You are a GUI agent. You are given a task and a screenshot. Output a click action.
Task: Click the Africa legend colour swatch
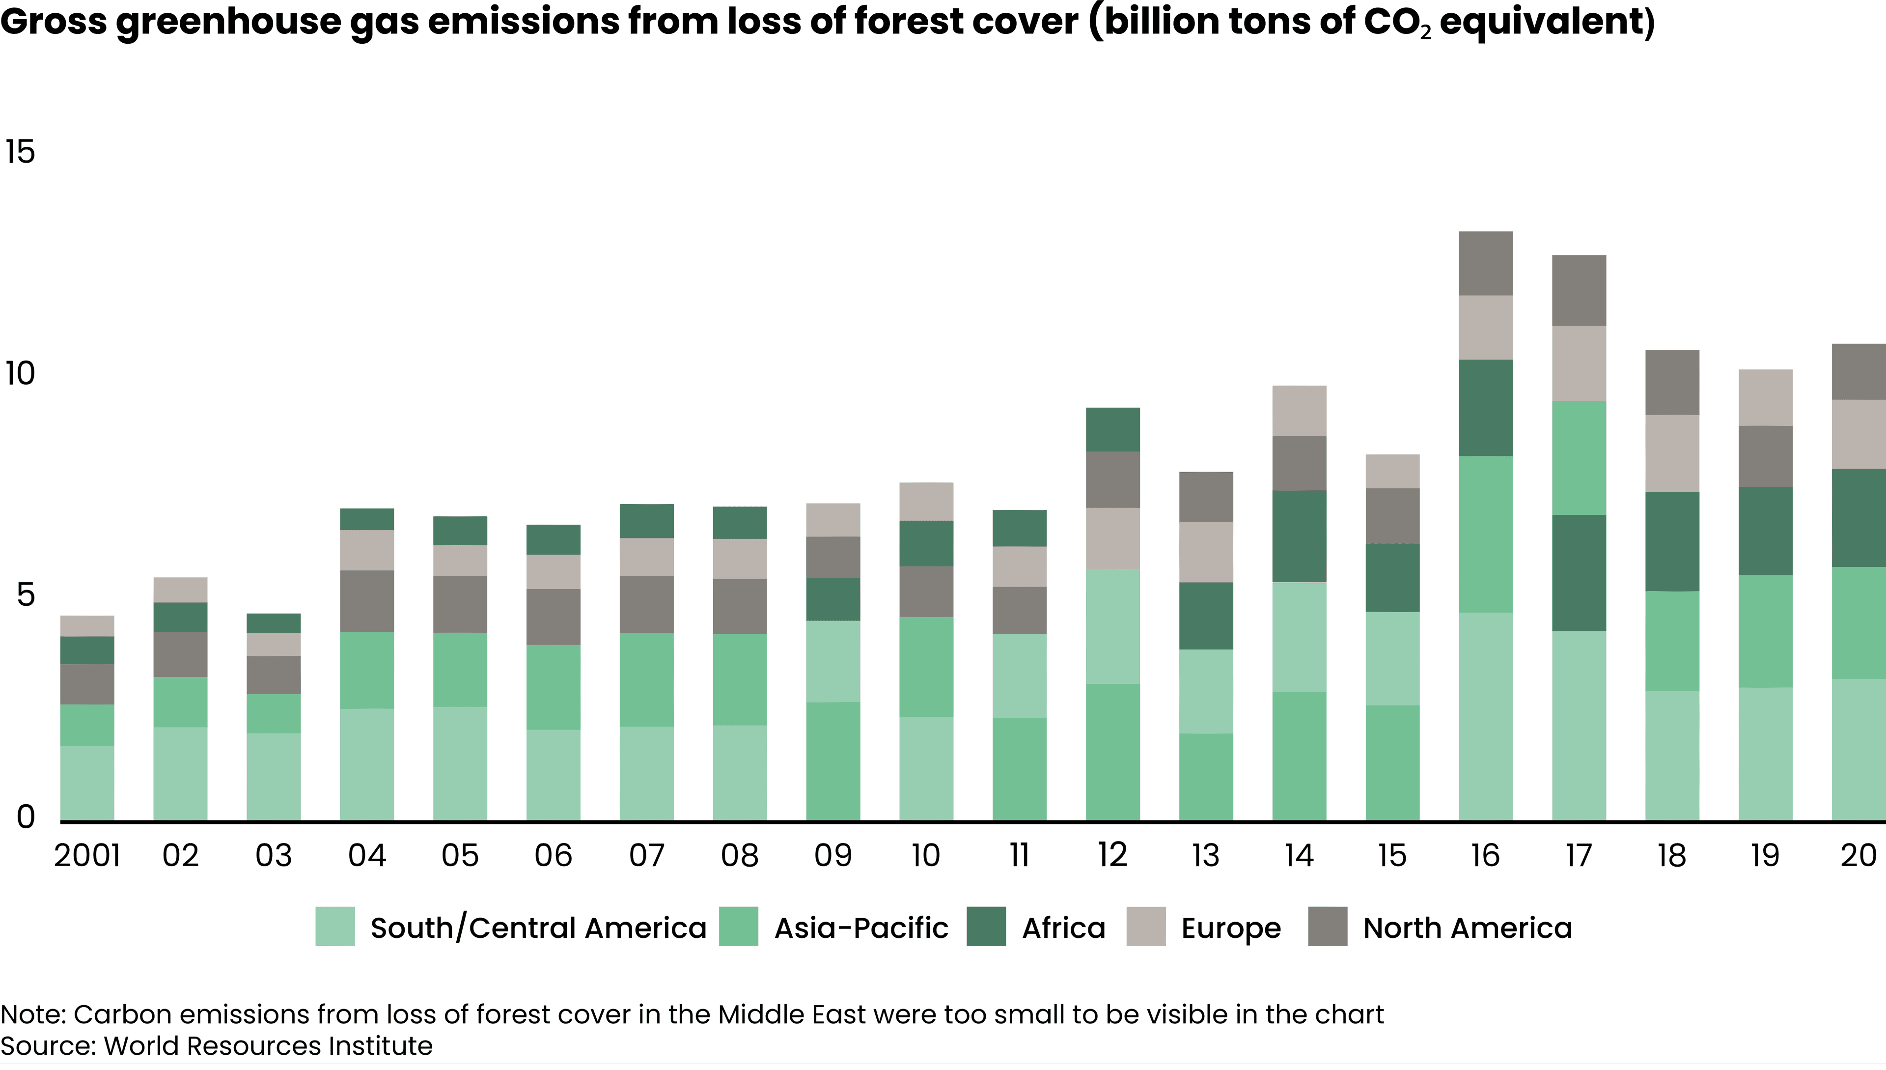click(x=986, y=927)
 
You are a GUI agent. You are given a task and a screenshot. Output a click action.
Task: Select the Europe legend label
click(x=1231, y=928)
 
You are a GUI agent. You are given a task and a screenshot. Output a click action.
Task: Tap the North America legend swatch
click(x=1328, y=927)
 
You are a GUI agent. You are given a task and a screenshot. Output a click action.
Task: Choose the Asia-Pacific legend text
click(x=861, y=928)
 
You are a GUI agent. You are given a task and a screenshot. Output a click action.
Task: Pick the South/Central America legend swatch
click(x=335, y=927)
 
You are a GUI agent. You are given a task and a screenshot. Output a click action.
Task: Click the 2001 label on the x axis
click(x=87, y=855)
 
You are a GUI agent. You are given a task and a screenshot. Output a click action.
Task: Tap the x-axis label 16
click(x=1485, y=855)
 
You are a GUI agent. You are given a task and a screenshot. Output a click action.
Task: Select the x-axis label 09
click(x=832, y=855)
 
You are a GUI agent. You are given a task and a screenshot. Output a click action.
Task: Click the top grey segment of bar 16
click(x=1486, y=263)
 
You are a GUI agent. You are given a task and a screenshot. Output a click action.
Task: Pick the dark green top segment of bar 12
click(x=1112, y=429)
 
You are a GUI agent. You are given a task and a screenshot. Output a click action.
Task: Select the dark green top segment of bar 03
click(x=273, y=623)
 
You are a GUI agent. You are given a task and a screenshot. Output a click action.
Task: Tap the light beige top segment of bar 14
click(x=1299, y=411)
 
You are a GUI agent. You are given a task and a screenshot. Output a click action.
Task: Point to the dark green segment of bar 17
click(x=1579, y=572)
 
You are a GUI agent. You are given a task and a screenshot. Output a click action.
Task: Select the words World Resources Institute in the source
click(x=268, y=1046)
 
